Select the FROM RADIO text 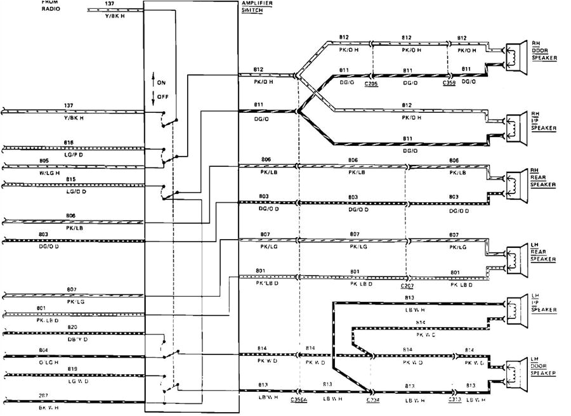pos(51,6)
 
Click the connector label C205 pos(372,83)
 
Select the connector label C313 pos(454,400)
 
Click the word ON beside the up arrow pos(162,82)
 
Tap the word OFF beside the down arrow pos(163,96)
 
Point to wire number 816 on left pos(69,143)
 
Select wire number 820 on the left pos(72,327)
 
